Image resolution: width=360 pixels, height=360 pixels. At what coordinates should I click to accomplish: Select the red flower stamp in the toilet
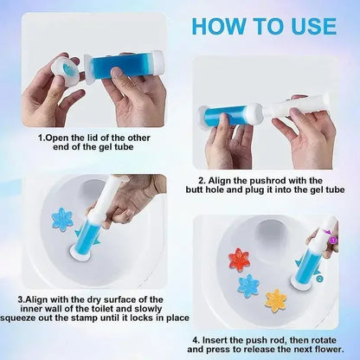coord(239,258)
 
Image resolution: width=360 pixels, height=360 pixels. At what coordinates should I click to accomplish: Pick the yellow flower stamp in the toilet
coord(276,299)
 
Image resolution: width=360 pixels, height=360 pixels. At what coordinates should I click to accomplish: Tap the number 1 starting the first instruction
coord(41,137)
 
